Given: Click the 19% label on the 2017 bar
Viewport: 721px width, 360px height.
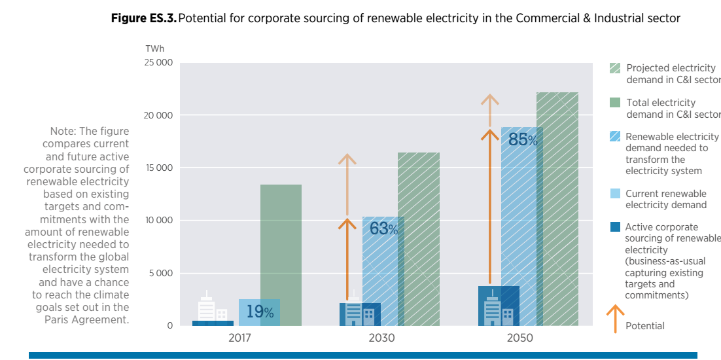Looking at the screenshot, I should click(260, 312).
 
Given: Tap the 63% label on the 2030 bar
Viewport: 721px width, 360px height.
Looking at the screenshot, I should click(383, 228).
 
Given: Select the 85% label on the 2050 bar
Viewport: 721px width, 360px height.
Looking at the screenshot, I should click(523, 139).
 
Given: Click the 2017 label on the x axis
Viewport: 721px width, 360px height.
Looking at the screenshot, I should click(239, 338).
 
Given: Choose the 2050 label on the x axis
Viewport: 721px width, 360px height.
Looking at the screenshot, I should click(519, 338).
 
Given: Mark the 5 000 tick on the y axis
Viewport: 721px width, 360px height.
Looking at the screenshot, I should click(160, 273).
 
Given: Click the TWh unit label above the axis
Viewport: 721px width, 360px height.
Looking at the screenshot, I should click(155, 48).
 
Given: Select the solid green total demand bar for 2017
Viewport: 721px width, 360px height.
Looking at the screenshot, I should click(281, 255).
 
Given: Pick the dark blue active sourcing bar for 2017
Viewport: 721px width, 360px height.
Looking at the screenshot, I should click(213, 323).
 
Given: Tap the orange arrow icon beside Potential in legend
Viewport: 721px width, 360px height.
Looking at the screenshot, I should click(615, 319).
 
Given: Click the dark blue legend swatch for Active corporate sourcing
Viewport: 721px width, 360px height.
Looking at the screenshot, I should click(615, 227).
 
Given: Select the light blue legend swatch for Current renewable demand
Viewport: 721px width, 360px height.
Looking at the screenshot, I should click(615, 194).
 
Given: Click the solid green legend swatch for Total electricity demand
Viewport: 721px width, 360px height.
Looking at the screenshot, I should click(615, 103).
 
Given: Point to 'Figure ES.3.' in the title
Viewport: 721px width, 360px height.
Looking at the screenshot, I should click(144, 18).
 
